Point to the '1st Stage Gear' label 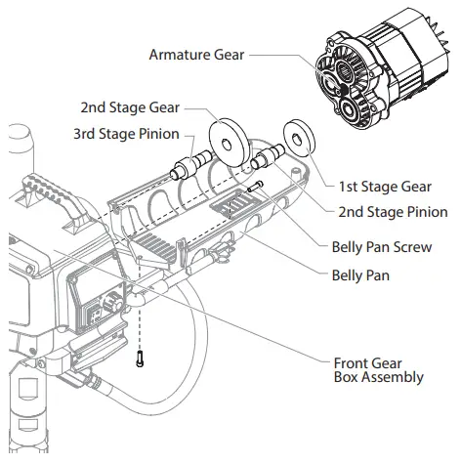pos(385,186)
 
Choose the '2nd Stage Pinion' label pos(393,211)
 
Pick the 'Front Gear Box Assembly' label pos(379,369)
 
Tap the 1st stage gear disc pos(298,135)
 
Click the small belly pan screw pos(255,188)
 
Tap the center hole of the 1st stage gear pos(298,135)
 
